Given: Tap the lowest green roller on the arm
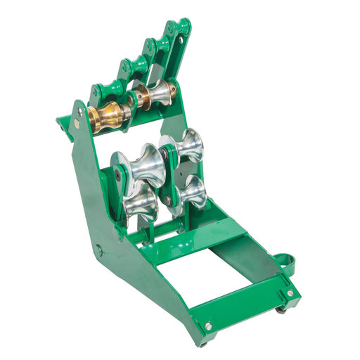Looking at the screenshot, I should pyautogui.click(x=103, y=91).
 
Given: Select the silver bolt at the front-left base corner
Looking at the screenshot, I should pyautogui.click(x=209, y=326).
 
